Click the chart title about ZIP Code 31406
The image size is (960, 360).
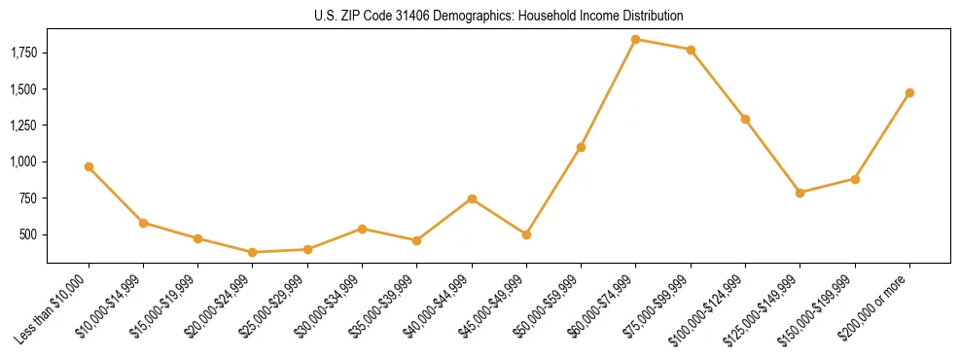[499, 16]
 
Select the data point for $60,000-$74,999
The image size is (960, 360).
[635, 40]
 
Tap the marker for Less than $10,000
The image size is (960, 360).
[89, 166]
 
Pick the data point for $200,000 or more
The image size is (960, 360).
[909, 92]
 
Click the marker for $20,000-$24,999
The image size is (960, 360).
[253, 252]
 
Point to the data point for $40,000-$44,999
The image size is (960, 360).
[472, 198]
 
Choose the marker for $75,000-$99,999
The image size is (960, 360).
[691, 50]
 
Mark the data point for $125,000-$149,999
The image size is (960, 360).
[800, 193]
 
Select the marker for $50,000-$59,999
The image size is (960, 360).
[581, 147]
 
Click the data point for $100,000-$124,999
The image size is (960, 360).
[745, 119]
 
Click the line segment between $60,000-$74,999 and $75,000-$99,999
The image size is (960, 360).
[662, 45]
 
